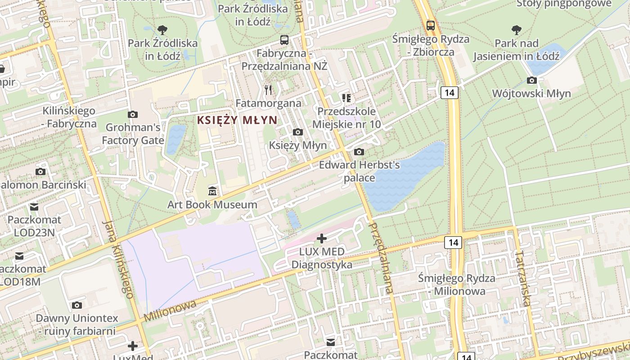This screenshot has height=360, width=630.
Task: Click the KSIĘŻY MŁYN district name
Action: point(237,120)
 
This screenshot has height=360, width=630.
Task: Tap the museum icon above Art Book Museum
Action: point(212,191)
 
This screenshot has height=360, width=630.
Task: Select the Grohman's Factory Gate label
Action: point(133,134)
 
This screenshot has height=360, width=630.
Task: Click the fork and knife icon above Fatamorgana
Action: point(269,90)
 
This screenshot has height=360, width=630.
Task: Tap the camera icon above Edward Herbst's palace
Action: point(359,152)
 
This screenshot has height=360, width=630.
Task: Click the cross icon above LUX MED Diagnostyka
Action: point(322,238)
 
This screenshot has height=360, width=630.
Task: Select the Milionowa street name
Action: point(170,311)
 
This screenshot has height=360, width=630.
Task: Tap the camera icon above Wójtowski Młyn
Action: point(531,81)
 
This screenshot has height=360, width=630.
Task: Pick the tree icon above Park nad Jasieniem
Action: point(516,30)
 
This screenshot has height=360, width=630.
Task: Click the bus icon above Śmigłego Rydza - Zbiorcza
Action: point(431,26)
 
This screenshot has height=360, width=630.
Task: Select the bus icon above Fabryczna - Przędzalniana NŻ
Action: point(284,40)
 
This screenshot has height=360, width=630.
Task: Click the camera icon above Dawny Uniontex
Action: point(77,305)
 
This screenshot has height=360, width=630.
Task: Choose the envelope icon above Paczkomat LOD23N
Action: point(34,207)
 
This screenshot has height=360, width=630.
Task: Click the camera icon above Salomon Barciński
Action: point(40,171)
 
